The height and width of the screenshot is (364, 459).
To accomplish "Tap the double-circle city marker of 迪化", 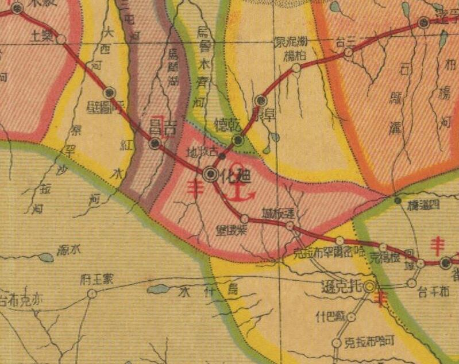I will tap(211, 175).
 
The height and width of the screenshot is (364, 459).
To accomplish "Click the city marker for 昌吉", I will tap(155, 144).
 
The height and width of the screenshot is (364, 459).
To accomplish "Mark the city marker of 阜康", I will tap(260, 101).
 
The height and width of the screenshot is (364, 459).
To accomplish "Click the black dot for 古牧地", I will tap(222, 156).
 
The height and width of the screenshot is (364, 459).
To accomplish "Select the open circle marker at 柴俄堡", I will tap(245, 219).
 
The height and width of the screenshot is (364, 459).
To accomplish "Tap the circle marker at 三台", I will tap(348, 52).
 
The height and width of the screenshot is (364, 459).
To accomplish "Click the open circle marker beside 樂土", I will tap(61, 40).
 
